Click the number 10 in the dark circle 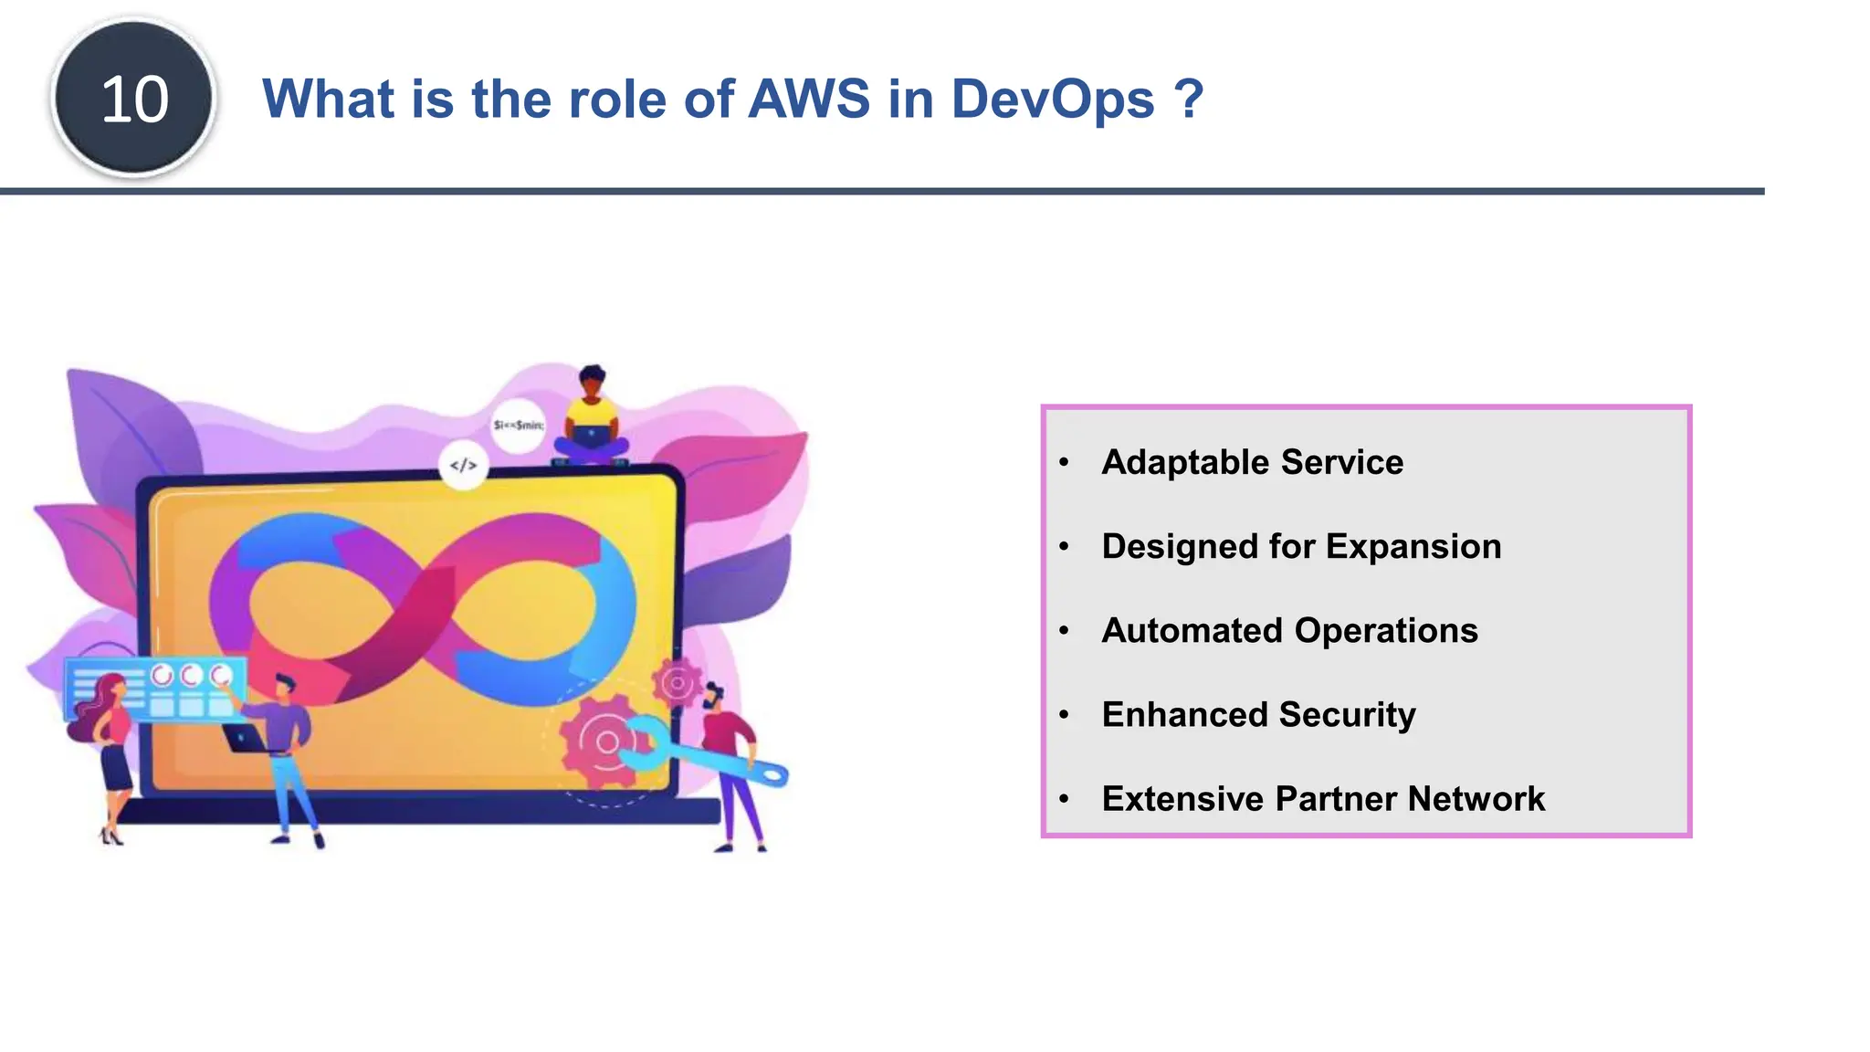[134, 99]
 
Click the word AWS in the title [809, 99]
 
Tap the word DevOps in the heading [1053, 99]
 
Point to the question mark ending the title [1189, 99]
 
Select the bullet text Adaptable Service [1252, 462]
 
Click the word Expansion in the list [1413, 546]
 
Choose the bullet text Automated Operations [1289, 630]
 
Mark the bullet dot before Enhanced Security [1064, 715]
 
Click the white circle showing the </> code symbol [463, 466]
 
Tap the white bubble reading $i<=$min [518, 426]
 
